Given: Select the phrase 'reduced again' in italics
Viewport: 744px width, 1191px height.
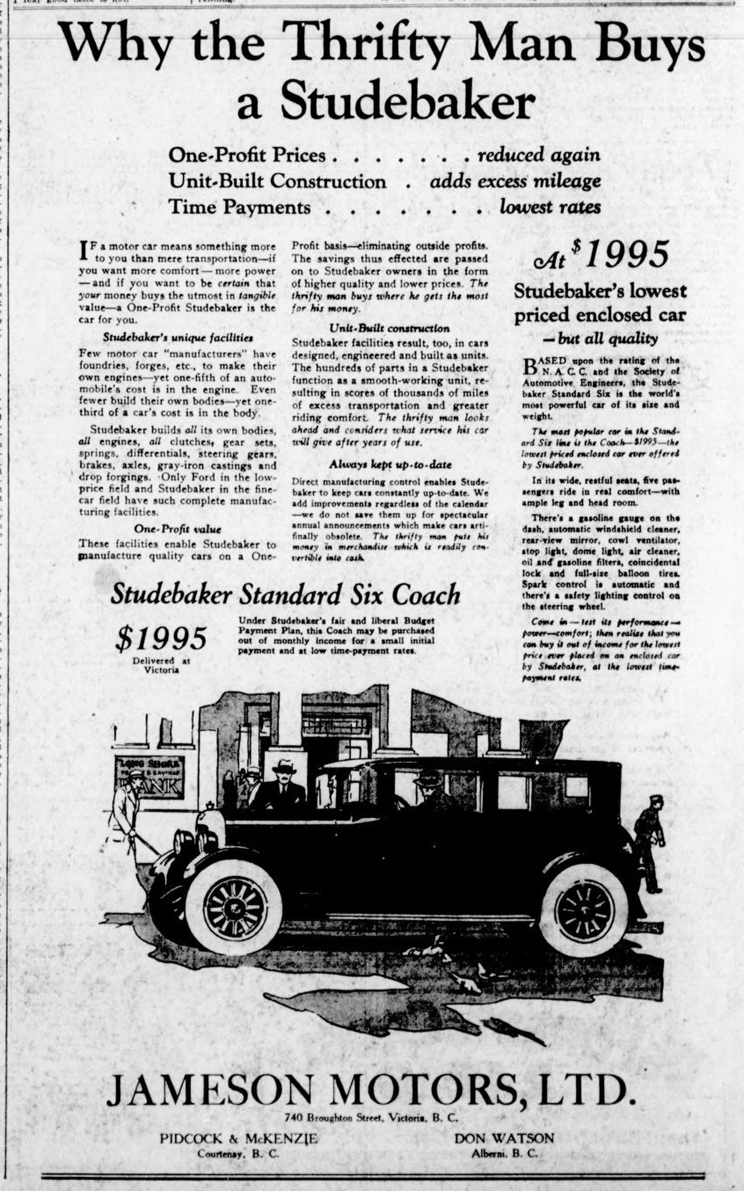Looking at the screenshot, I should point(539,155).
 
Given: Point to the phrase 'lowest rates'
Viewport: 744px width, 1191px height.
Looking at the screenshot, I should point(550,207).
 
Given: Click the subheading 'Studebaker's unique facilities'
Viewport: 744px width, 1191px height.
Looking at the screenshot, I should point(178,338).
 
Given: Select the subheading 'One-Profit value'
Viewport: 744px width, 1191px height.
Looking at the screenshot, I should point(178,530).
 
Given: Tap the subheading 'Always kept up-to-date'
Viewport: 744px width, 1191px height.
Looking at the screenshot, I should point(390,464).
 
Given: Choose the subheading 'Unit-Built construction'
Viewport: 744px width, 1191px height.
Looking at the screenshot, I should point(389,328).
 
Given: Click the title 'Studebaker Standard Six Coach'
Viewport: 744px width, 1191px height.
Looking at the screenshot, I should point(286,595).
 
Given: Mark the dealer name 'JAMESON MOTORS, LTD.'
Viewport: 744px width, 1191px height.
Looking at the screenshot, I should point(371,1077).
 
